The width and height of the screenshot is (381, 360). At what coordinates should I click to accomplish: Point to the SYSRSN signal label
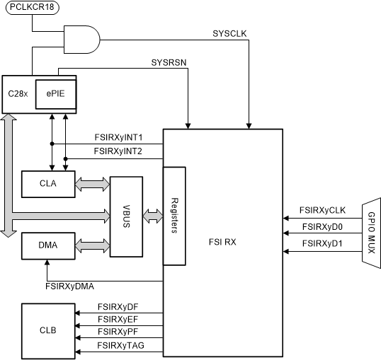click(x=169, y=62)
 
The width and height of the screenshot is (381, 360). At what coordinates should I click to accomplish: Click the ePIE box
click(x=57, y=93)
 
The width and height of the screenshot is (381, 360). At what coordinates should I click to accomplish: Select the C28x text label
click(x=18, y=94)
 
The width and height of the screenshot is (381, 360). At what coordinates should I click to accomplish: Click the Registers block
click(x=175, y=216)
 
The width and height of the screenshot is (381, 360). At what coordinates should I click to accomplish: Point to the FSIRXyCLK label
click(x=323, y=209)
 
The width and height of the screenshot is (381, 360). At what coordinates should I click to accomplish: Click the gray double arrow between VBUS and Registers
click(x=153, y=214)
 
